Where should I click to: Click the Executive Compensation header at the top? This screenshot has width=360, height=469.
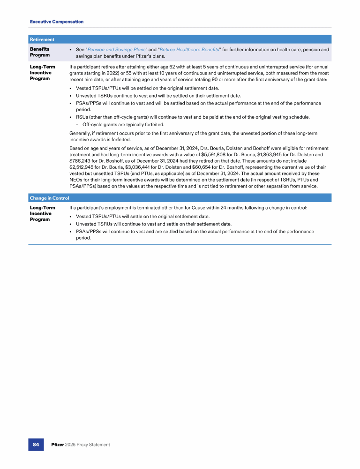tap(57, 22)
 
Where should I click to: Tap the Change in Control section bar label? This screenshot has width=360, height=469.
tap(49, 198)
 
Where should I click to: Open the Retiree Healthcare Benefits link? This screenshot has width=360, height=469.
tap(189, 49)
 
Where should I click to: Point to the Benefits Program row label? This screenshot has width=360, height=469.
tap(40, 52)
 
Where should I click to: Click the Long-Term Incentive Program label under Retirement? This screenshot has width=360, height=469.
tap(42, 73)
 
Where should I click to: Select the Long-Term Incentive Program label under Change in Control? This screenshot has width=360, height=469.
tap(42, 213)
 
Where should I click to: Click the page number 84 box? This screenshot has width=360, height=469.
tap(36, 444)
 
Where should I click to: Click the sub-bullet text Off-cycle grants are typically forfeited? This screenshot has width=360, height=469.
tap(123, 124)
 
